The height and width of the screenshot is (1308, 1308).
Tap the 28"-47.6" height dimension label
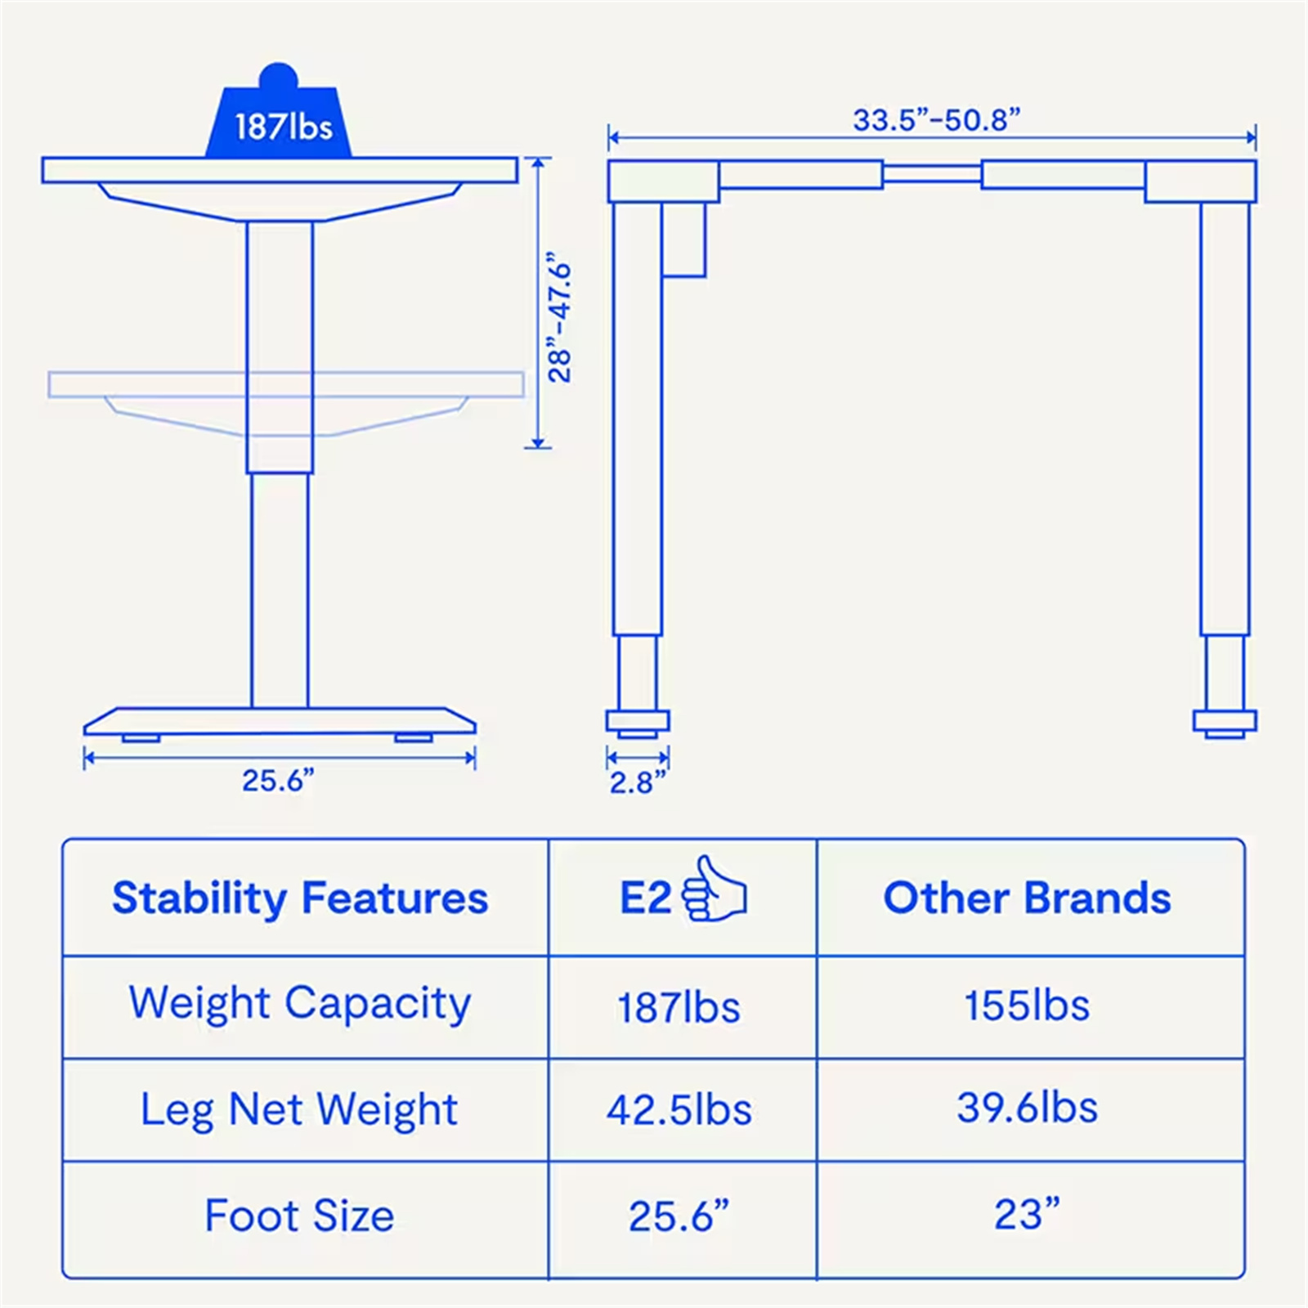pos(561,322)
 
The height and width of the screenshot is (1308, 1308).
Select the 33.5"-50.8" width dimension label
pos(937,120)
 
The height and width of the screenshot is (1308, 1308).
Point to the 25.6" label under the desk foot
pos(278,781)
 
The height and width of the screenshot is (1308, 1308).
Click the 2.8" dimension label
pos(638,782)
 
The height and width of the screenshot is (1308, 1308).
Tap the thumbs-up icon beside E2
pos(714,889)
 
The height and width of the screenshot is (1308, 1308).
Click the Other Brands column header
pos(1027,898)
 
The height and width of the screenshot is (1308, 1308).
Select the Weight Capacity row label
pos(300,1004)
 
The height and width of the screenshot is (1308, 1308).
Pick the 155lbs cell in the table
pos(1027,1006)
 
